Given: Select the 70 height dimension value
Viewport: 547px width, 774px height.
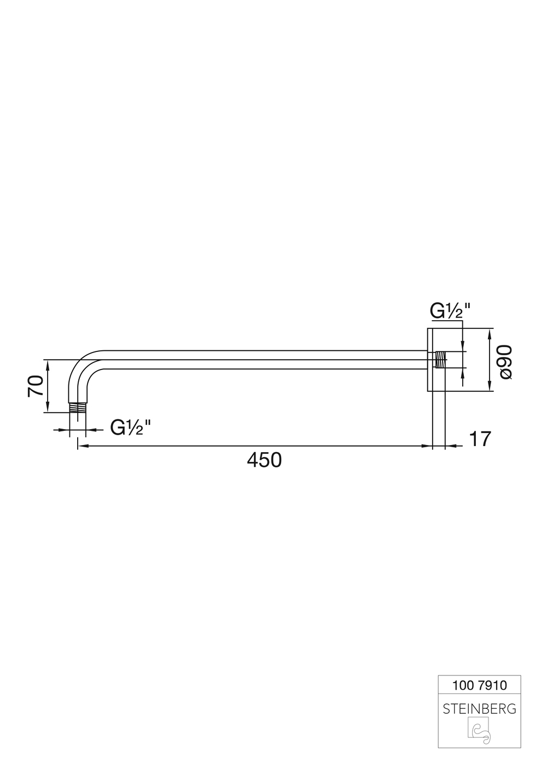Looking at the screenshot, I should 36,386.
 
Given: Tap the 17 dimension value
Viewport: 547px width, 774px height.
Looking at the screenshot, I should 480,439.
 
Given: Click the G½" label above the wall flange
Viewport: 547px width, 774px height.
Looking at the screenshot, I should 450,311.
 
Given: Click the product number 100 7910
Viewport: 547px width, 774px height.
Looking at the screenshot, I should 480,685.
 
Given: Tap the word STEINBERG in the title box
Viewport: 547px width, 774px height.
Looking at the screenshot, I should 479,709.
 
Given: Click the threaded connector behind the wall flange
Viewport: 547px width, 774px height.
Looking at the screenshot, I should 440,360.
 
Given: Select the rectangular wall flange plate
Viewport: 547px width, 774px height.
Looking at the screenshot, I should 429,360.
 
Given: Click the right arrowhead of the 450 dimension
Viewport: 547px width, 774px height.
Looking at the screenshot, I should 428,447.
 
